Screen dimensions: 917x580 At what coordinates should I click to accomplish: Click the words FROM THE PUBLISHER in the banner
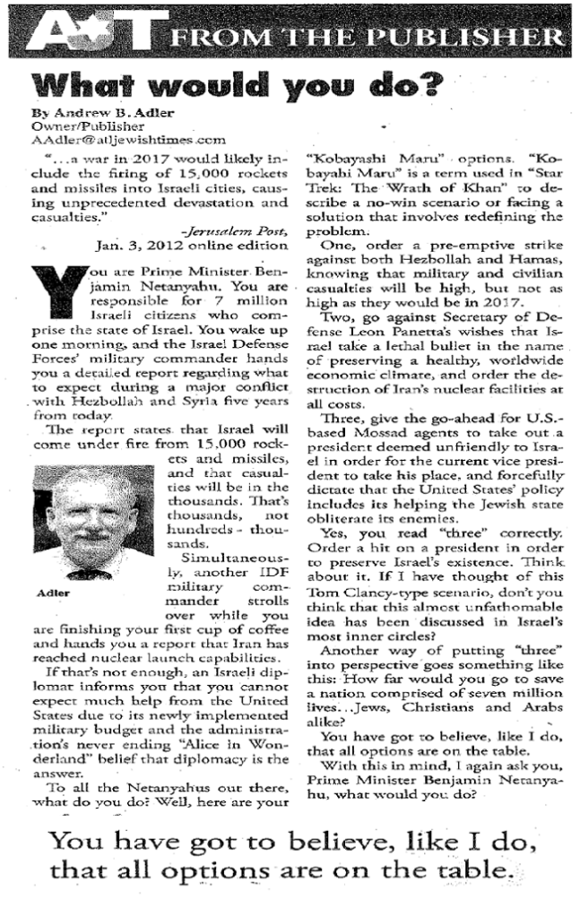coord(364,37)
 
